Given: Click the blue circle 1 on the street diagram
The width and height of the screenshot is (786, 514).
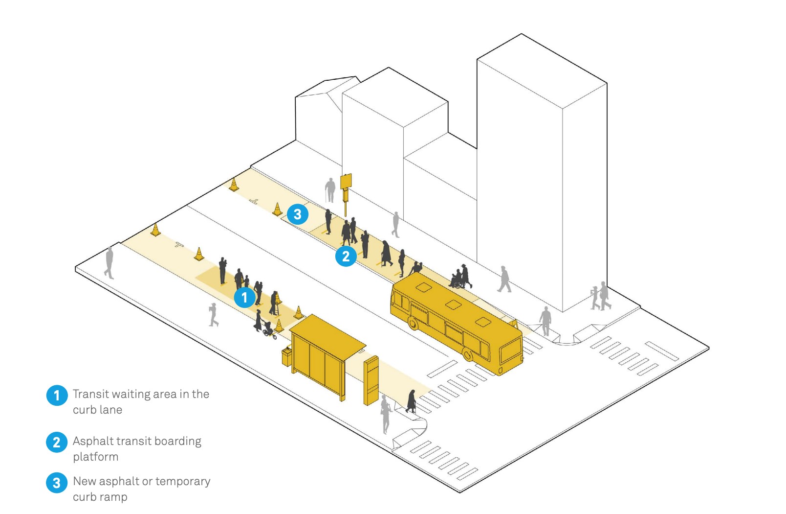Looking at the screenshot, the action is tap(244, 298).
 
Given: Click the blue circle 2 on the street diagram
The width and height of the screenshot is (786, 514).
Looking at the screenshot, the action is tap(346, 256).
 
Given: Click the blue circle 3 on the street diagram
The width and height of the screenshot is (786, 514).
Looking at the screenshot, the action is tap(297, 214).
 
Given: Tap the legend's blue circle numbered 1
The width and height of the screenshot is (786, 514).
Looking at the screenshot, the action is tap(57, 395).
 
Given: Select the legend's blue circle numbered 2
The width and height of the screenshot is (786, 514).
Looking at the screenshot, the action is tap(57, 442).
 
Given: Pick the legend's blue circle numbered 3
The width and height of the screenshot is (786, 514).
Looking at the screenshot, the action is tap(57, 482).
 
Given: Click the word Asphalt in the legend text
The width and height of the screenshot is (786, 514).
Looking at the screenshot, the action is tap(93, 442).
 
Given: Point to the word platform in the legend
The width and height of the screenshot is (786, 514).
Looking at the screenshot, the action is tap(95, 457).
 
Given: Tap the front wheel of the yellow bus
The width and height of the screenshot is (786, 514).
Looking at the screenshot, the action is tap(414, 323).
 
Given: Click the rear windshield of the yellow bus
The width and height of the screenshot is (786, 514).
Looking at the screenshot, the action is tap(510, 351).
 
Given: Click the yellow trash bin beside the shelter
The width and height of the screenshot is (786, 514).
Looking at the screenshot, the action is tap(286, 356).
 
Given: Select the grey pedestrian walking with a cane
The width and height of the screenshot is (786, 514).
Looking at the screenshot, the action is tap(330, 190).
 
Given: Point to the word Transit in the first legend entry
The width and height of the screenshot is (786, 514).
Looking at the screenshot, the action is tap(90, 394).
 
